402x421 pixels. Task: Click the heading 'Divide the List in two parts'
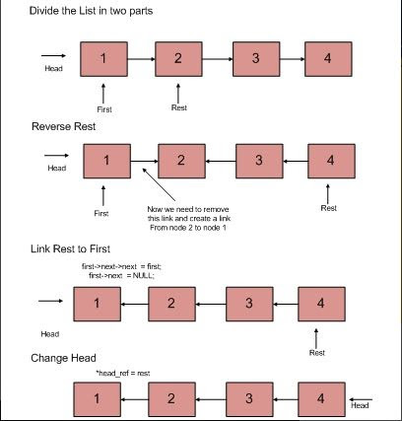(x=91, y=11)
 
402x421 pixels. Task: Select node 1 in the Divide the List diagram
(x=103, y=59)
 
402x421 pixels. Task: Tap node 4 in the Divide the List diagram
(x=328, y=59)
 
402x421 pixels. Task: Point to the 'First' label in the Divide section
(x=104, y=109)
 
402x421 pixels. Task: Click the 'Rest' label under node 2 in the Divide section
(x=179, y=107)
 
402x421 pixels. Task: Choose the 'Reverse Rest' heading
(x=64, y=126)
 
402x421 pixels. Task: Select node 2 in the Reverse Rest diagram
(x=181, y=161)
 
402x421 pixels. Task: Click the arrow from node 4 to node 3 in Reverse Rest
(x=296, y=162)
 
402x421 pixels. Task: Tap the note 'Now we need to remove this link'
(x=189, y=218)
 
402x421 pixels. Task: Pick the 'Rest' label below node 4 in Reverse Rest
(x=329, y=208)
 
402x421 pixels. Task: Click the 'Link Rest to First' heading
(x=70, y=248)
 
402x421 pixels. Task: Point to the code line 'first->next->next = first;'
(x=121, y=266)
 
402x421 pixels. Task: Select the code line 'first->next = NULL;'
(x=121, y=275)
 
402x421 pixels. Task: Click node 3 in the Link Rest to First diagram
(x=249, y=304)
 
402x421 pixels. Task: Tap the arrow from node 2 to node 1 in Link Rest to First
(x=135, y=305)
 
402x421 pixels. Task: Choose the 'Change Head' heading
(x=63, y=358)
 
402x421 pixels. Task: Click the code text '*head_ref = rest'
(x=123, y=374)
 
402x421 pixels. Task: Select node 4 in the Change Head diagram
(x=321, y=399)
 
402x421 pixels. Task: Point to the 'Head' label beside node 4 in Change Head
(x=360, y=405)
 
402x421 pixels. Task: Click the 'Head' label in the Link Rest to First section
(x=50, y=334)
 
